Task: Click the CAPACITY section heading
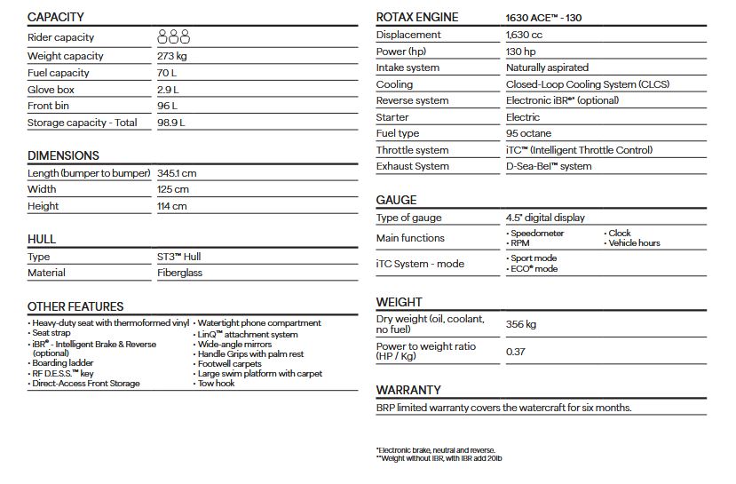pos(56,17)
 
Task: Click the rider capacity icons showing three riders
pos(174,37)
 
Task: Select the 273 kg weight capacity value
pos(174,56)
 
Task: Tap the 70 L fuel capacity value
pos(168,73)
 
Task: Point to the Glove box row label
pos(51,90)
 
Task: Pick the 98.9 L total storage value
pos(170,123)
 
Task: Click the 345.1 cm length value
pos(177,173)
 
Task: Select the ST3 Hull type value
pos(178,257)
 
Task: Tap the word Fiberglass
pos(179,273)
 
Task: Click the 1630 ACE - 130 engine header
pos(543,18)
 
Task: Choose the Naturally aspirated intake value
pos(547,67)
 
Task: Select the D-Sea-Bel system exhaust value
pos(549,166)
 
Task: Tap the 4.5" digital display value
pos(545,218)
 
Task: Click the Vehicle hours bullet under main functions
pos(634,242)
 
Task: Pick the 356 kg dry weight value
pos(521,324)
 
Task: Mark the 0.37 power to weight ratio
pos(516,352)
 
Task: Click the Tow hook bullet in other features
pos(216,384)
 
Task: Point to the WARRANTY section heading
pos(408,390)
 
